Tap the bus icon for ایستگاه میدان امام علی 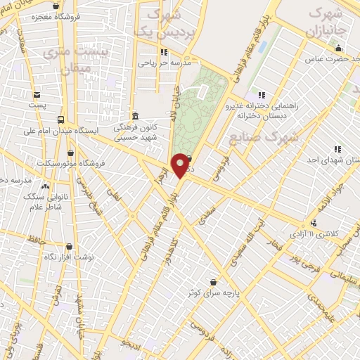coord(61,120)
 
